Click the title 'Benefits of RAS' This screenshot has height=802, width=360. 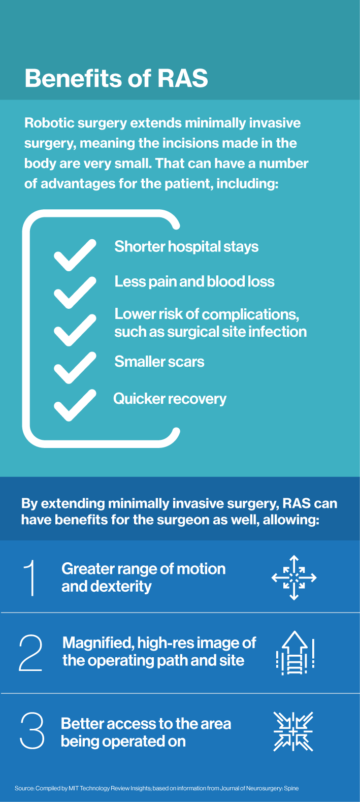point(116,78)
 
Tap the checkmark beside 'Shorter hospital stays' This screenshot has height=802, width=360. point(75,255)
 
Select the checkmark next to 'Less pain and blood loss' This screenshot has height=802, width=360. point(75,293)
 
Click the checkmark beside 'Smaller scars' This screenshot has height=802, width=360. point(75,368)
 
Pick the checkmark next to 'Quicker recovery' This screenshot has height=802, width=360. point(75,405)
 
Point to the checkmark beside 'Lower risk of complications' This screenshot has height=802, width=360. point(75,330)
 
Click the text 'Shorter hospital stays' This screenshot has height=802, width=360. point(186,247)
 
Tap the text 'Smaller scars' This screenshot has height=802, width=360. point(159,362)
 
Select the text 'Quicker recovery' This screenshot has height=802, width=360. point(170,399)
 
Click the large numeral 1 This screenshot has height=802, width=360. point(30,578)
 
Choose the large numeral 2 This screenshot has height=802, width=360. point(30,652)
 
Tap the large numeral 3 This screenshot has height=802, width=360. point(32,730)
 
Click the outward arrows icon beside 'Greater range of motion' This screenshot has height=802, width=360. point(294,578)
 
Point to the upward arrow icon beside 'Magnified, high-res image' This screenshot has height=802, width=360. point(295,653)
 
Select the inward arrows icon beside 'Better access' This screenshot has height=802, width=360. point(293,731)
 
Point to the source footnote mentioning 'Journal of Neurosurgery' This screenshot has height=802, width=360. point(156,788)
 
